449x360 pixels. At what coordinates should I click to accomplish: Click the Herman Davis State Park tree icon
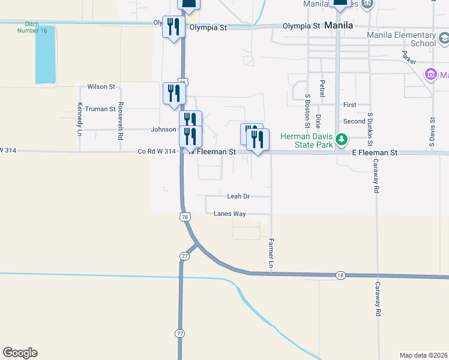342,140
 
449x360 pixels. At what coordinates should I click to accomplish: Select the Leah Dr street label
238,196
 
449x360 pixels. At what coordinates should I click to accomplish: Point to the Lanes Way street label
230,214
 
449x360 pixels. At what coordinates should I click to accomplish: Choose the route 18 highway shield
341,275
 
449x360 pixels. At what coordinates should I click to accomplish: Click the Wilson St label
101,87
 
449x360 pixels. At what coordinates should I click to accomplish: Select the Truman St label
100,109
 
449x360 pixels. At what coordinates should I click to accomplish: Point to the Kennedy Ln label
80,118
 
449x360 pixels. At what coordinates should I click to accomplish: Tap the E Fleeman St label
375,153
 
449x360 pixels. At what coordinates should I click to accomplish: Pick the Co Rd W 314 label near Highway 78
157,152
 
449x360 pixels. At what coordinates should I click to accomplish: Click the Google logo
20,353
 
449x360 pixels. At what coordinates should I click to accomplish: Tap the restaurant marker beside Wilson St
174,94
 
